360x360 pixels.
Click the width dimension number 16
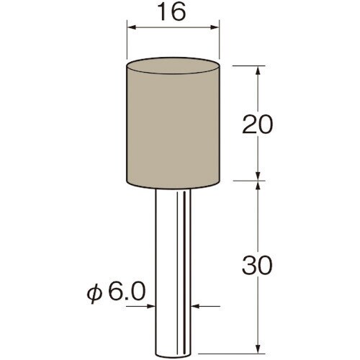[173, 12]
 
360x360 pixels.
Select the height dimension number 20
[258, 125]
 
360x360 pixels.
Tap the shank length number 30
[258, 265]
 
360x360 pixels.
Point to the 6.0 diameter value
[127, 291]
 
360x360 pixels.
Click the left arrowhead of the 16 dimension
[132, 27]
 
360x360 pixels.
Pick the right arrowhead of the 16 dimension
[215, 27]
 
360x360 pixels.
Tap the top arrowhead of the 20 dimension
[258, 71]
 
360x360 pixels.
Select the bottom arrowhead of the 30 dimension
[258, 348]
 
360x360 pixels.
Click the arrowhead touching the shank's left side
[150, 306]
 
